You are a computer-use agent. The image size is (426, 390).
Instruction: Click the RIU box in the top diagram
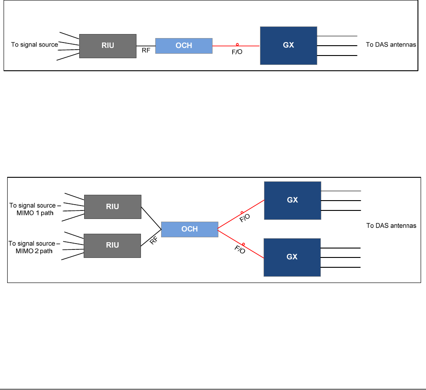[108, 46]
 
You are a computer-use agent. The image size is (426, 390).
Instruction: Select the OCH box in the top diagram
[184, 46]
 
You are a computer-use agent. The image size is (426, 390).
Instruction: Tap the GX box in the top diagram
[289, 46]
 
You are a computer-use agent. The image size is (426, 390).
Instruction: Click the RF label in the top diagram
[146, 50]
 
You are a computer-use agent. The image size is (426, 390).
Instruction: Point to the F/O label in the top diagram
[237, 52]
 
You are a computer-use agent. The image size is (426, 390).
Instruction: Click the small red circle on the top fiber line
[237, 45]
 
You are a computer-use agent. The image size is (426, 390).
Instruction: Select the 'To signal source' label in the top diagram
[34, 45]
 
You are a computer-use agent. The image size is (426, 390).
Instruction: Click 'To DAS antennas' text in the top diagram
[391, 45]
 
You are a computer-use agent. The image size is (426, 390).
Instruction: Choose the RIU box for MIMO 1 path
[113, 207]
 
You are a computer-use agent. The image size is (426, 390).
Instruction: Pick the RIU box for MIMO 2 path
[112, 246]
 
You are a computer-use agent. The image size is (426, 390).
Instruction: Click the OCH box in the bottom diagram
[190, 229]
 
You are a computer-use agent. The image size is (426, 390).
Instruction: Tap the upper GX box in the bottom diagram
[293, 201]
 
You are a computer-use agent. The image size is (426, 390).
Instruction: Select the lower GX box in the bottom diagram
[292, 257]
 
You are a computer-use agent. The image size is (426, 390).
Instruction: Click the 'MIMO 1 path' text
[35, 213]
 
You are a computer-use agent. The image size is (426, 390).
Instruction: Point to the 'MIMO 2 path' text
[34, 251]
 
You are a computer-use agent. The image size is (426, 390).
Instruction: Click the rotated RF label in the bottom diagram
[154, 240]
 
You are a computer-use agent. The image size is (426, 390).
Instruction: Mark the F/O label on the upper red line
[245, 218]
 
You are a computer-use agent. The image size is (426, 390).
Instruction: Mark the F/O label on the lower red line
[240, 249]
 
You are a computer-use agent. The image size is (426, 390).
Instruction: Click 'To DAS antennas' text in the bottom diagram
[391, 226]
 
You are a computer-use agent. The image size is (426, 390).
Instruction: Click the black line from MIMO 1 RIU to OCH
[151, 218]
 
